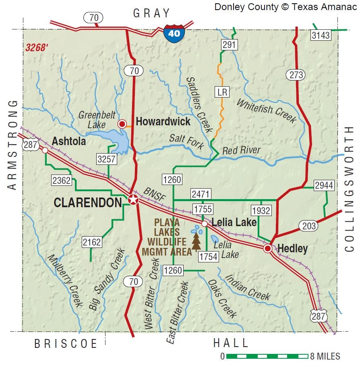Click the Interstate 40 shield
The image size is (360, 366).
[x=174, y=33]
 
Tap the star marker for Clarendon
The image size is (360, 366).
[x=133, y=199]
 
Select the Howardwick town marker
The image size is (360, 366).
[x=122, y=124]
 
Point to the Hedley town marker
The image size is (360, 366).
[x=268, y=248]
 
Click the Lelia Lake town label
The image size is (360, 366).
[x=234, y=222]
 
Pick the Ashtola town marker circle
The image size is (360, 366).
[x=45, y=150]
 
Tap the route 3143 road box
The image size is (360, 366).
[x=321, y=35]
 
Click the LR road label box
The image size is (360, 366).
[x=222, y=92]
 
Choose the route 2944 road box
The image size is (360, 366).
[x=325, y=185]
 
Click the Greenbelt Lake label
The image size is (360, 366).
[x=91, y=120]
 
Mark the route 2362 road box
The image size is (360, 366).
[x=62, y=181]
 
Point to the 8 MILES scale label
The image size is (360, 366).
[x=325, y=356]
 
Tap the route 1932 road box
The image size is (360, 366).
[x=261, y=210]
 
